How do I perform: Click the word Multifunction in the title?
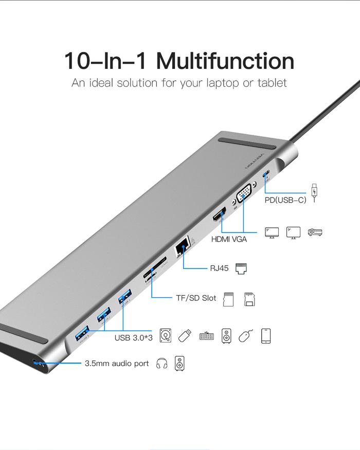coord(225,61)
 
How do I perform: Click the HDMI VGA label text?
coord(229,239)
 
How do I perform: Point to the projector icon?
coord(315,232)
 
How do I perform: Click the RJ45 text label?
coord(219,268)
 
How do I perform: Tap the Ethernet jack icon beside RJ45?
coord(241,268)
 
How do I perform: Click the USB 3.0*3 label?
coord(133,338)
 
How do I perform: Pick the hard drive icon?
coord(166,336)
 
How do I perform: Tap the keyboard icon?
coord(206,336)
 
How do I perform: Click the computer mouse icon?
coord(246,336)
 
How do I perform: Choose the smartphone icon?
coord(266,336)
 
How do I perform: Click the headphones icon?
coord(161,364)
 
